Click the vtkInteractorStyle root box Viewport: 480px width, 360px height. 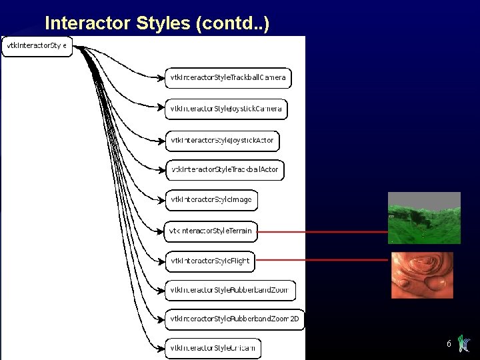click(x=37, y=46)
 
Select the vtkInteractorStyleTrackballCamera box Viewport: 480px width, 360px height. click(x=228, y=78)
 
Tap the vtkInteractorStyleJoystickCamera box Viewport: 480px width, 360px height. click(x=226, y=109)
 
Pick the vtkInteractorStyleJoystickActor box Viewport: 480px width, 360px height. click(x=222, y=141)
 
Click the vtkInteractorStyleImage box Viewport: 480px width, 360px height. click(x=211, y=200)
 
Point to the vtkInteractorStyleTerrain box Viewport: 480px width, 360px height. click(x=211, y=231)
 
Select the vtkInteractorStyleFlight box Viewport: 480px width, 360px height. click(x=210, y=261)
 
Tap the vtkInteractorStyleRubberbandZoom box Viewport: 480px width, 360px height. click(x=230, y=291)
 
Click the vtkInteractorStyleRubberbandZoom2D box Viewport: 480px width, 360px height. click(x=235, y=319)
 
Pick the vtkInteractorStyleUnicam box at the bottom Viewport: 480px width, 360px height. click(x=213, y=348)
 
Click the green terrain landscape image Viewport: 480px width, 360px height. click(x=424, y=217)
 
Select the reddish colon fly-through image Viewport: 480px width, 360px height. click(x=422, y=275)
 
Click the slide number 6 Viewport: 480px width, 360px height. click(x=449, y=344)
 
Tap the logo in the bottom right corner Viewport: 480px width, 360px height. click(x=465, y=343)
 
